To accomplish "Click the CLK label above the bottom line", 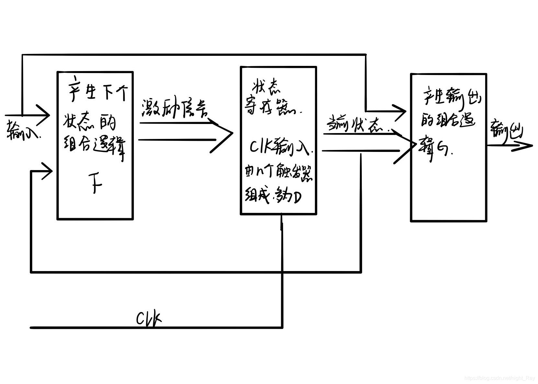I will click(148, 319).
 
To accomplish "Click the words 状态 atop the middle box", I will click(267, 87).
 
